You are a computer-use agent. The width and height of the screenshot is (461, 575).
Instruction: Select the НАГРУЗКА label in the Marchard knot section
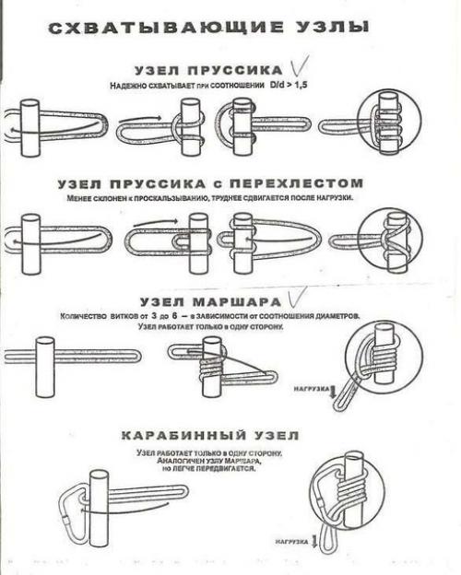(x=310, y=389)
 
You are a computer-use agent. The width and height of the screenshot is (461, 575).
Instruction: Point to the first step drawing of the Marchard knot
(x=69, y=356)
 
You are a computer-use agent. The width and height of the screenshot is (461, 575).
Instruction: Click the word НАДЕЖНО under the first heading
(x=130, y=86)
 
